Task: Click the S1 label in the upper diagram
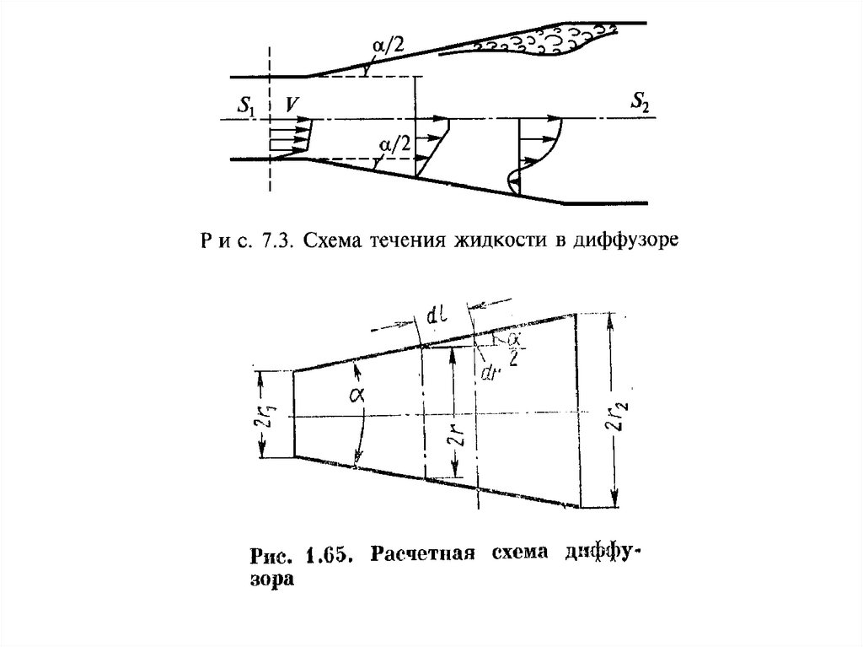(x=246, y=105)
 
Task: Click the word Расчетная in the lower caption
(x=412, y=556)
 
